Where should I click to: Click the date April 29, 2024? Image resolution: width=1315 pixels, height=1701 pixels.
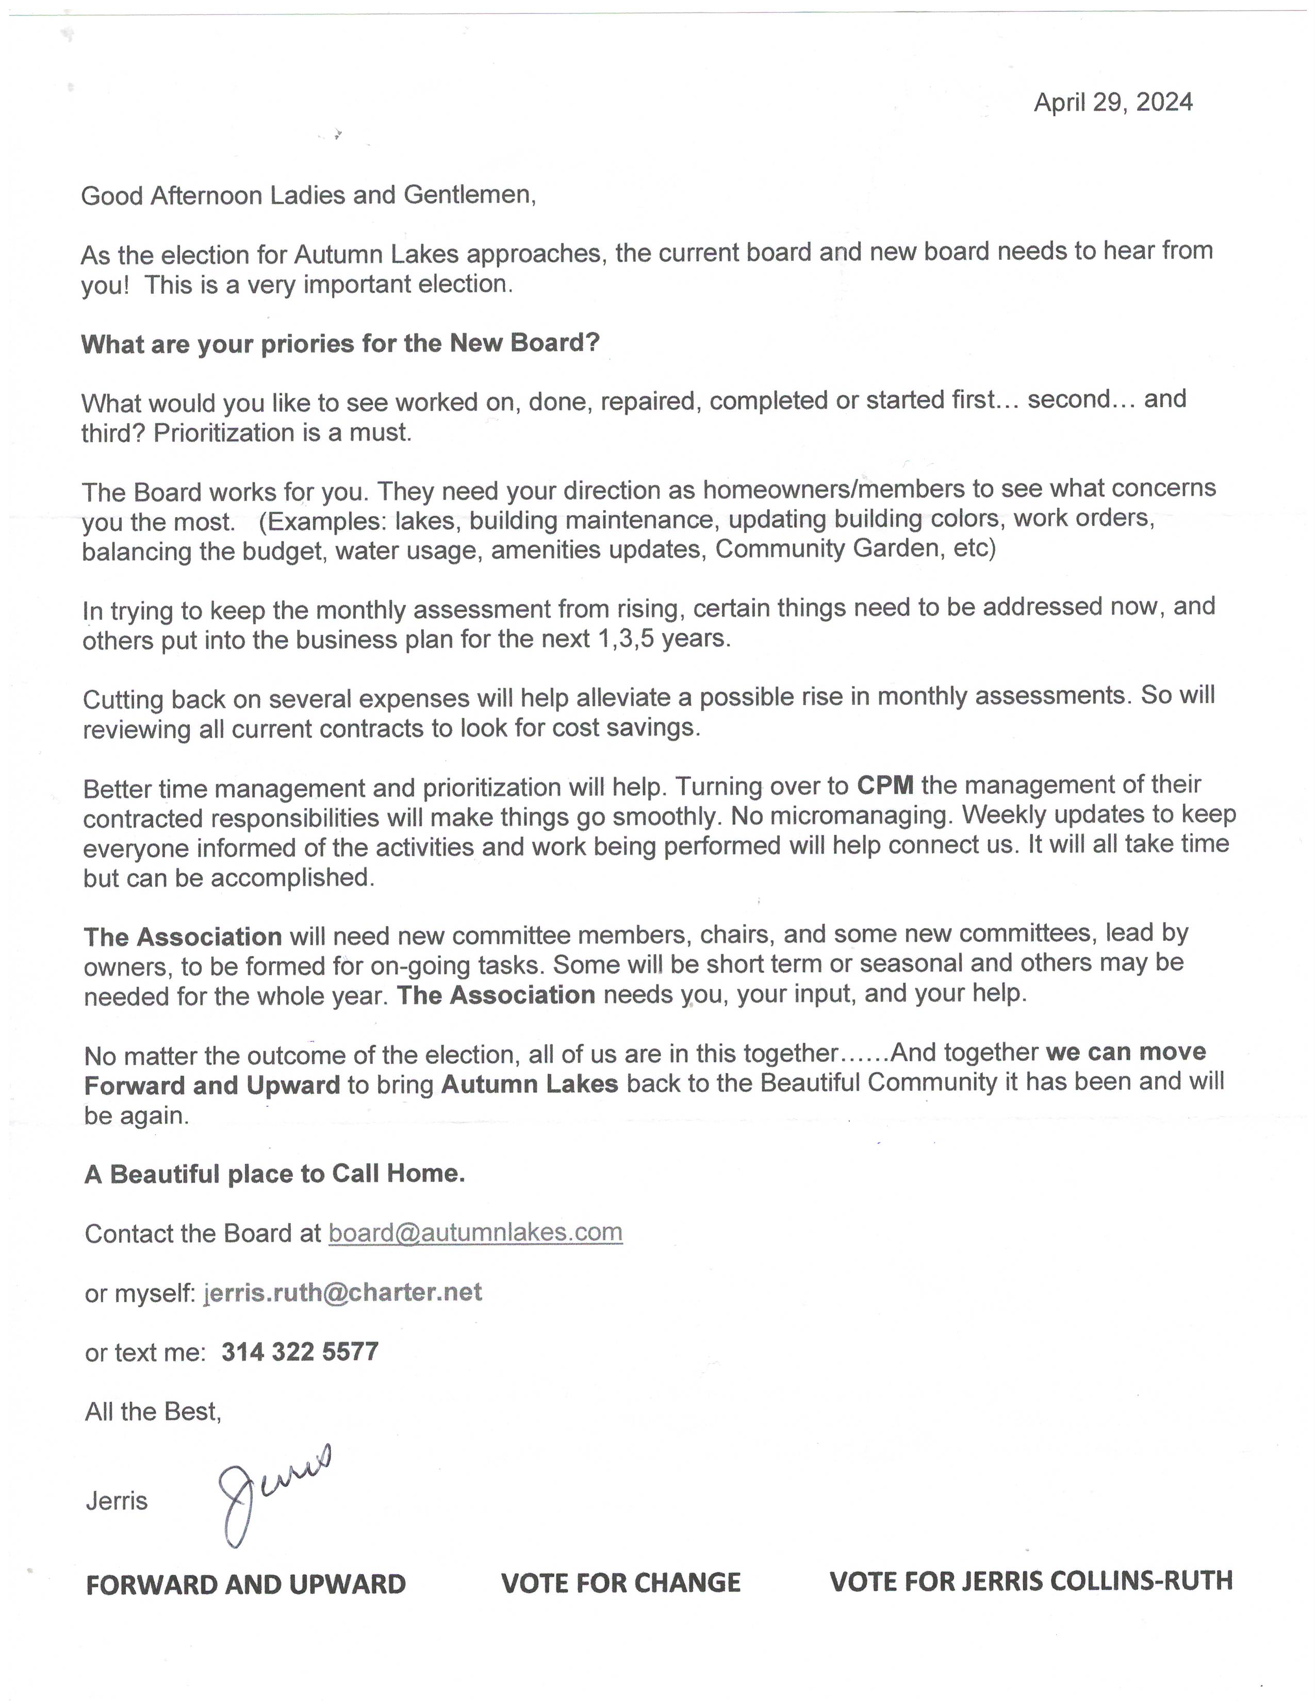pyautogui.click(x=1112, y=103)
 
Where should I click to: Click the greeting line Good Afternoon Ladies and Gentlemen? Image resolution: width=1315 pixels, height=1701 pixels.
pyautogui.click(x=308, y=195)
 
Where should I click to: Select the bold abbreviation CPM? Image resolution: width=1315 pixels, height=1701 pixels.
pyautogui.click(x=885, y=785)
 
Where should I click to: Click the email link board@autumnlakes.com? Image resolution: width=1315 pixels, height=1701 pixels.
pyautogui.click(x=475, y=1232)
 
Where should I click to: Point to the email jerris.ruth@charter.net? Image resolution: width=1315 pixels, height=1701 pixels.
pyautogui.click(x=343, y=1292)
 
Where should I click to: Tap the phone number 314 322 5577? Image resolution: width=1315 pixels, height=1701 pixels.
pyautogui.click(x=300, y=1352)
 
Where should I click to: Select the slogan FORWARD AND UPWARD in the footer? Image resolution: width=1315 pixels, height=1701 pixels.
pyautogui.click(x=245, y=1584)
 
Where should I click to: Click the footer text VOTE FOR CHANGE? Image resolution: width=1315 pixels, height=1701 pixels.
pyautogui.click(x=621, y=1582)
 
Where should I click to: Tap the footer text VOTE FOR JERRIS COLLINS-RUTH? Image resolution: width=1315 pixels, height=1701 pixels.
pyautogui.click(x=1031, y=1581)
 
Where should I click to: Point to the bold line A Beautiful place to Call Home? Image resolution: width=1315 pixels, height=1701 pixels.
pyautogui.click(x=274, y=1174)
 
